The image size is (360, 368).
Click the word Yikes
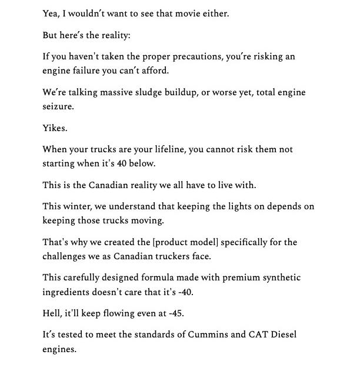55,128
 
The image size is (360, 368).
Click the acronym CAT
256,334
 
